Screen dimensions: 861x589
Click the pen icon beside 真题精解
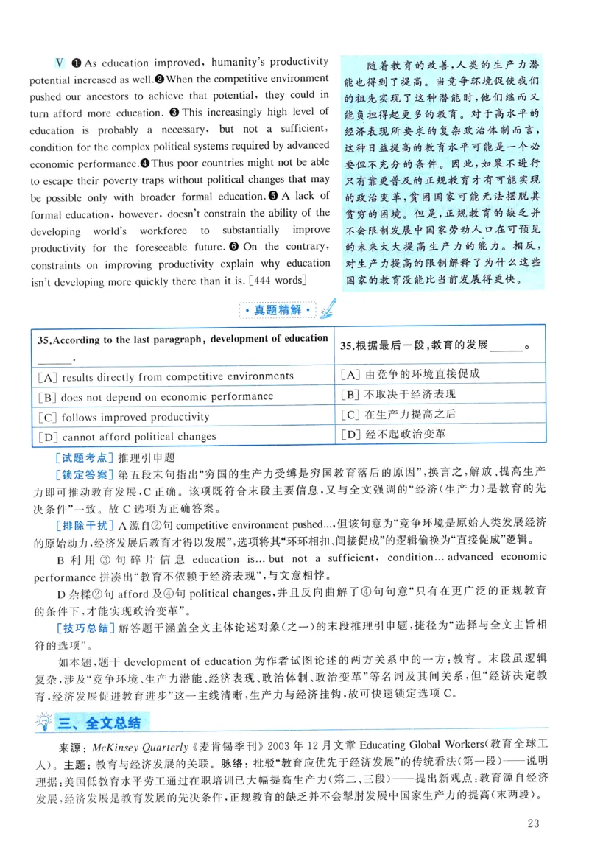point(328,307)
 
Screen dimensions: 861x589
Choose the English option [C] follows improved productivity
point(125,416)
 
